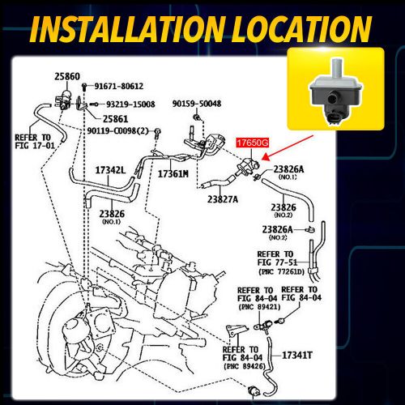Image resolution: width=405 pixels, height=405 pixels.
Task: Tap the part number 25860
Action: tap(67, 76)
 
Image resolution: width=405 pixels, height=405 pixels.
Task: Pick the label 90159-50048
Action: tap(196, 104)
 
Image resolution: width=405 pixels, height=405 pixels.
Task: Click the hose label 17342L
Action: tap(110, 171)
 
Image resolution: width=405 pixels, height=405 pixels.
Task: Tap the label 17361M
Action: tap(173, 174)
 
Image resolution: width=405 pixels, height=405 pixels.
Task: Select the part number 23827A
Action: tap(223, 198)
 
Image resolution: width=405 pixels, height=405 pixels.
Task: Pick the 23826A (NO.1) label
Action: tap(288, 172)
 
